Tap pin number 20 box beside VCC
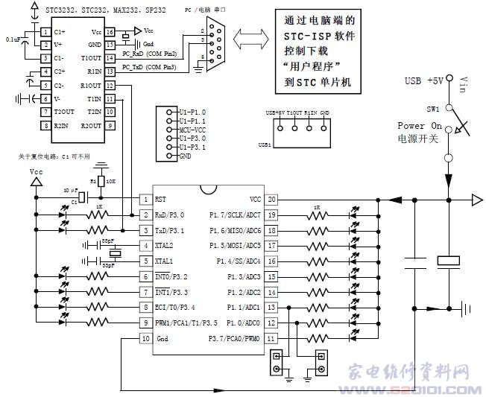(x=272, y=199)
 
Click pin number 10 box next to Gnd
(x=145, y=338)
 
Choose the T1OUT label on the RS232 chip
(x=92, y=58)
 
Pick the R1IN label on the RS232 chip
(x=95, y=72)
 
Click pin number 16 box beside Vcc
(x=110, y=32)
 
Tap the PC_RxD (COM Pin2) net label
(x=150, y=54)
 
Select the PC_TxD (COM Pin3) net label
(x=150, y=68)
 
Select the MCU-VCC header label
(x=191, y=129)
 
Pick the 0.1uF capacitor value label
(x=13, y=39)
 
